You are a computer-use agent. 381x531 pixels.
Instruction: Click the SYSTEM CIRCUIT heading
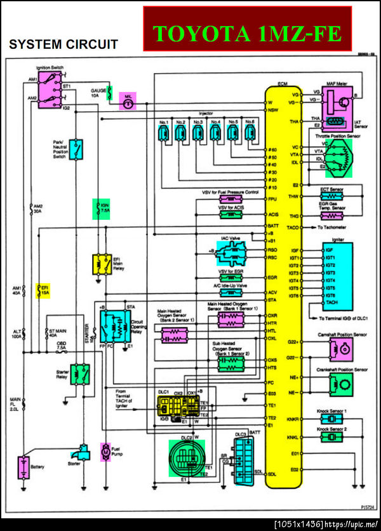click(x=63, y=44)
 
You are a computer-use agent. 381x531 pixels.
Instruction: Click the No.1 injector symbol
click(x=163, y=133)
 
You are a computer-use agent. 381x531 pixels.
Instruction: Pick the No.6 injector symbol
click(x=250, y=133)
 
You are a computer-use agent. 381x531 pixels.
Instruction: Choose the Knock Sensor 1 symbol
click(x=331, y=420)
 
